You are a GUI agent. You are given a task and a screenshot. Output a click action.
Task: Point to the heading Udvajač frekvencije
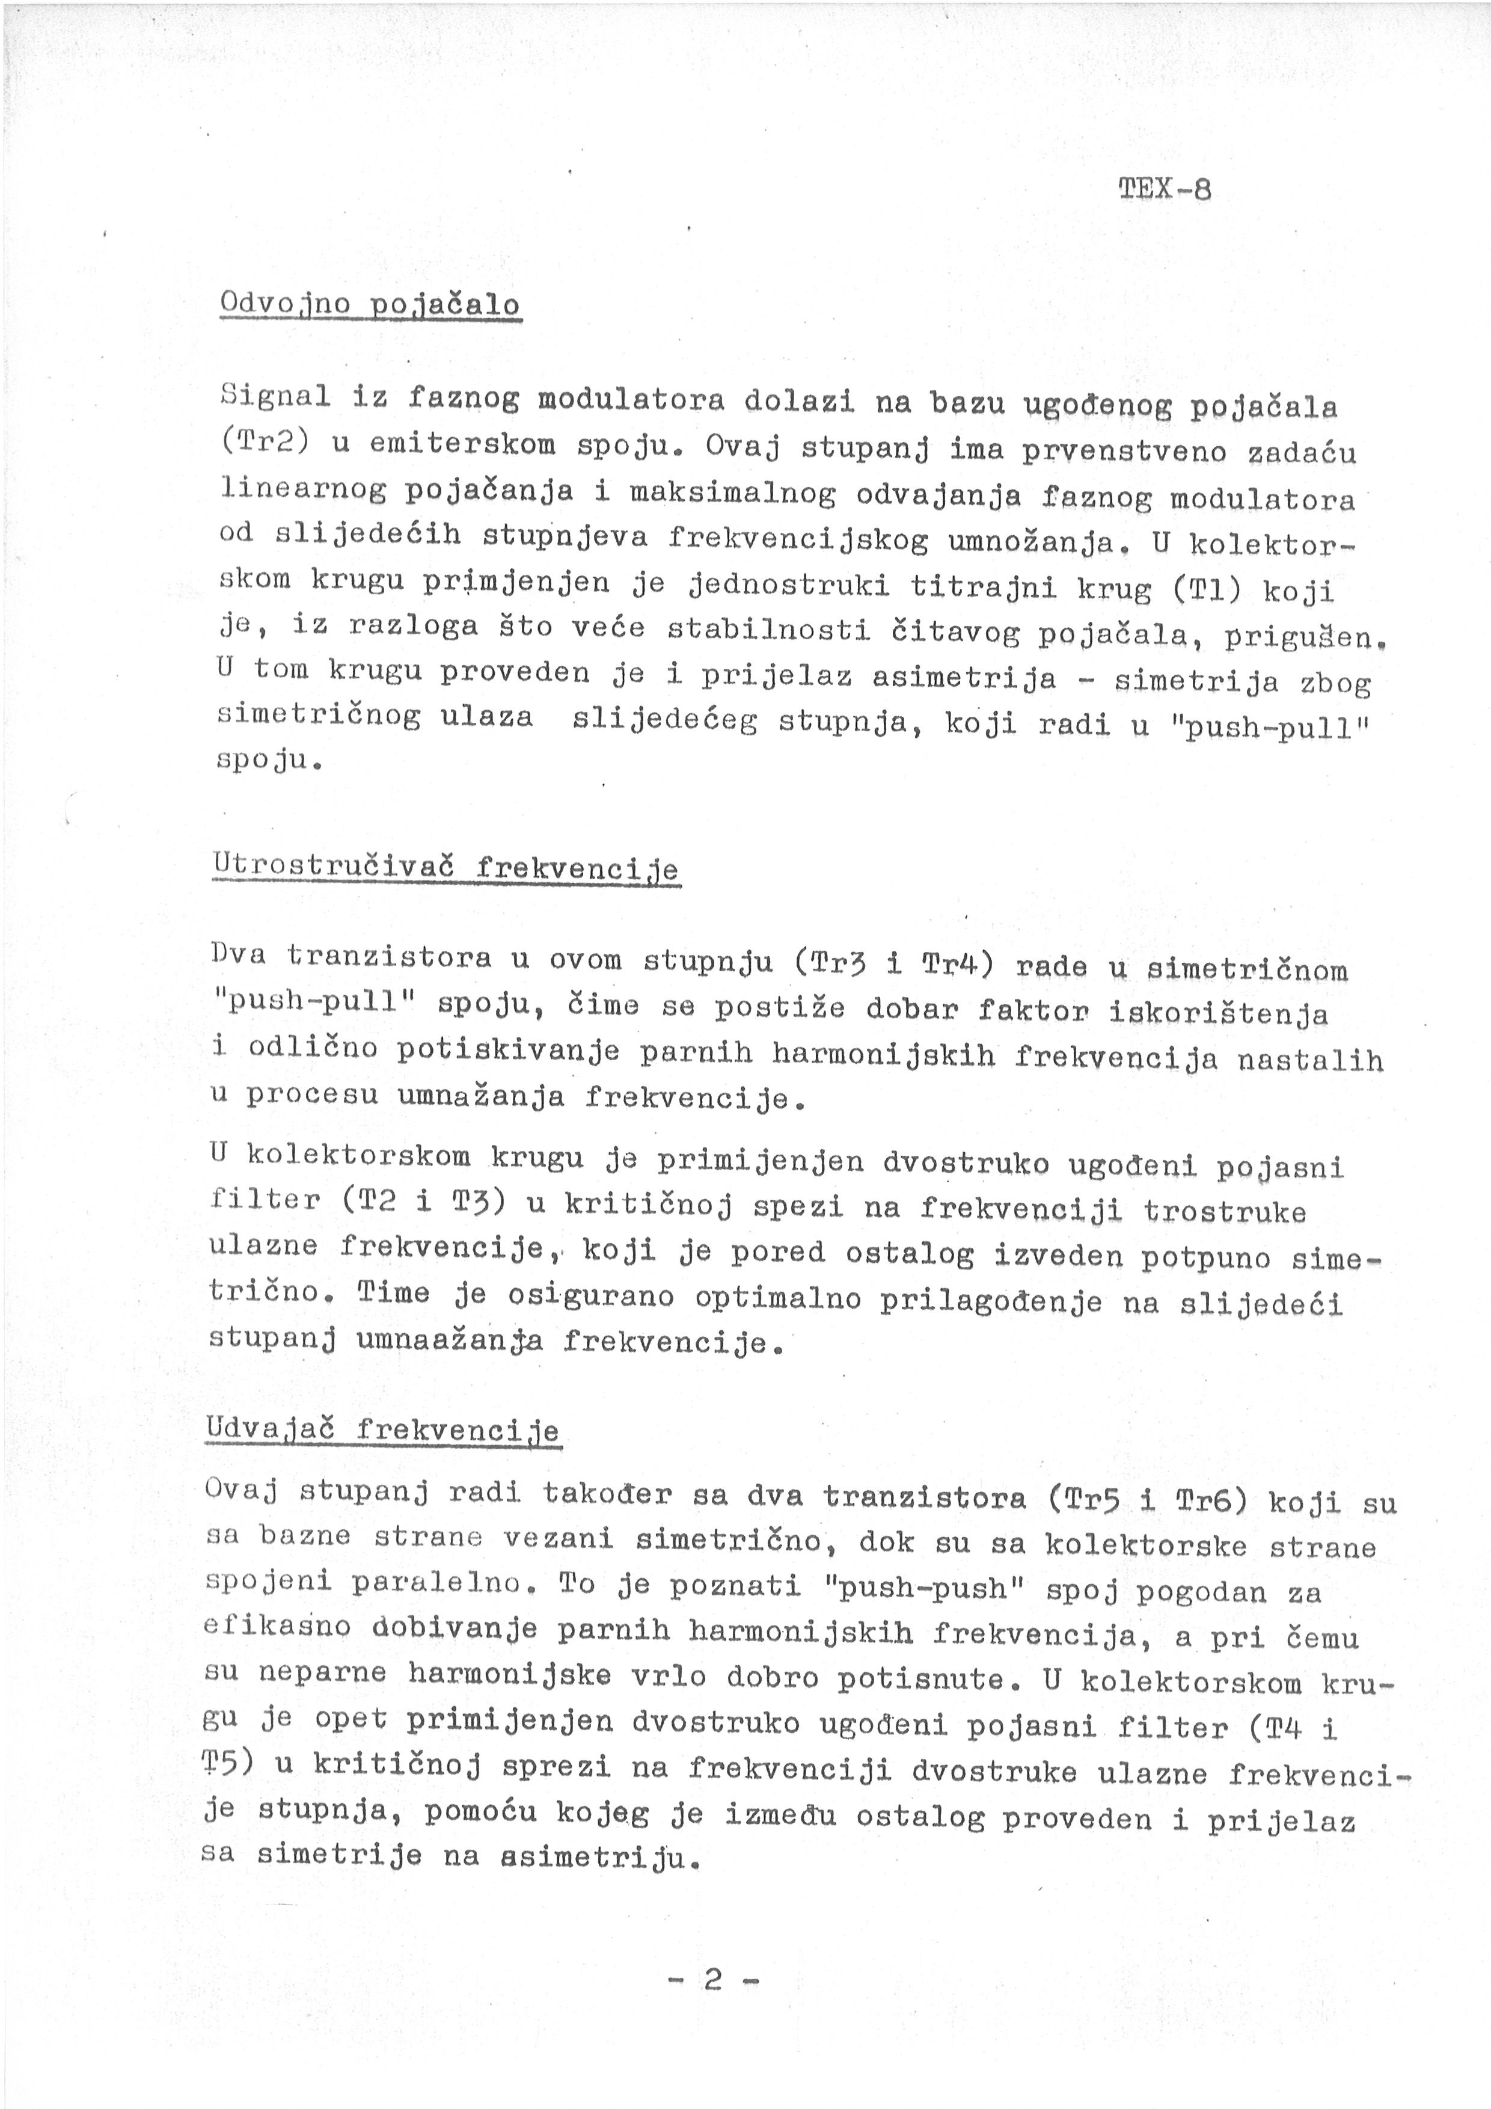pos(383,1430)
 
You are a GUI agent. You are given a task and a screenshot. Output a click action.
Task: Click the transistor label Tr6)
pos(1210,1500)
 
